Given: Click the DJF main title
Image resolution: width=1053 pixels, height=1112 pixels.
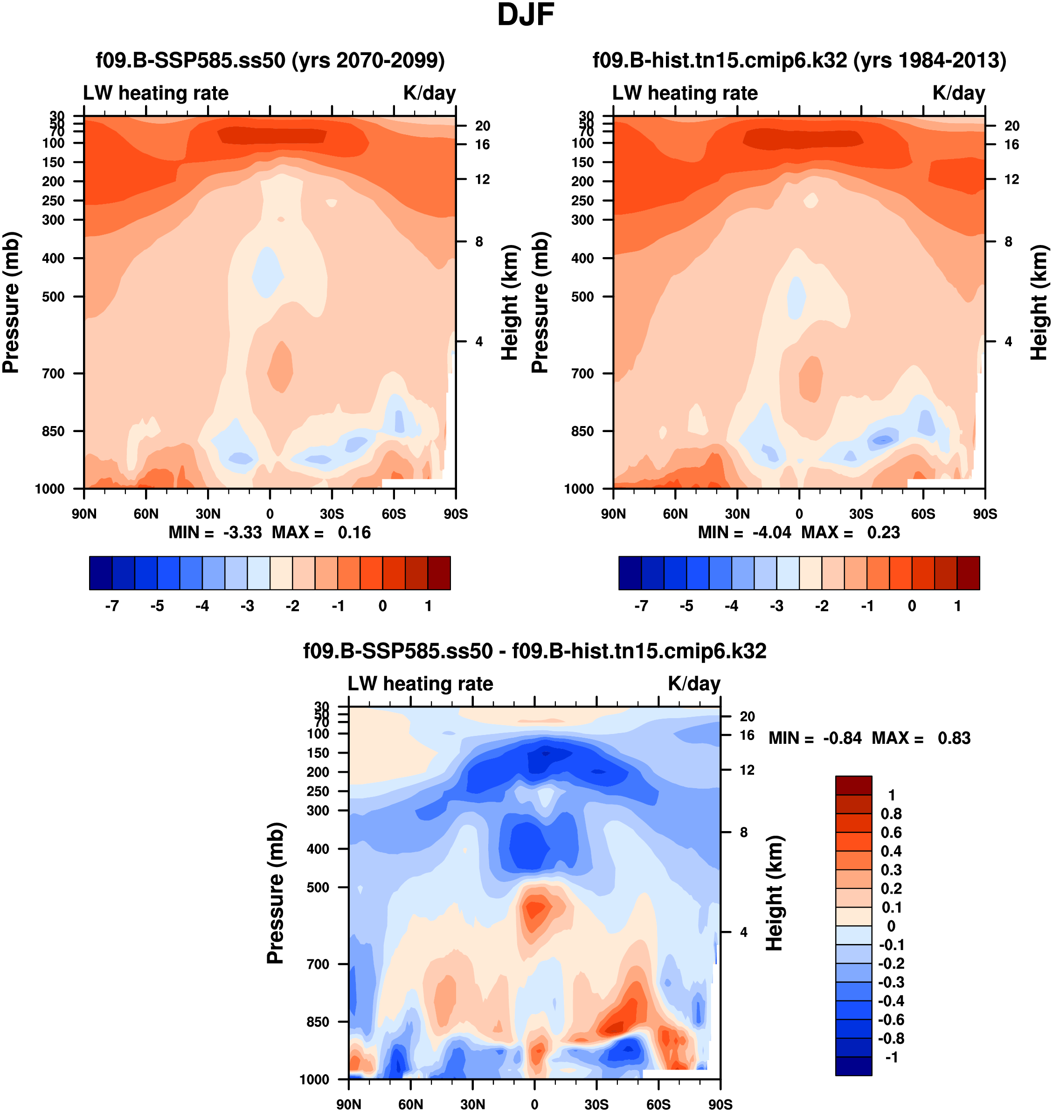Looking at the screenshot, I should click(x=526, y=15).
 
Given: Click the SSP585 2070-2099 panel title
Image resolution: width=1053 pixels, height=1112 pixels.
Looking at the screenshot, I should click(x=270, y=60).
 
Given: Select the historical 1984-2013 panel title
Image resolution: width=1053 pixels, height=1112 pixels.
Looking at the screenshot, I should click(x=799, y=60).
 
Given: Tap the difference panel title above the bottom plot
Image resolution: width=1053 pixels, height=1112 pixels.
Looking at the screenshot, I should click(x=534, y=651).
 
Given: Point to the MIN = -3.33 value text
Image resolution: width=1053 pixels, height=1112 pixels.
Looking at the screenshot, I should click(x=215, y=532).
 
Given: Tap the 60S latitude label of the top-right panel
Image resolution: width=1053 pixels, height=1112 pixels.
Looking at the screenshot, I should click(x=923, y=514).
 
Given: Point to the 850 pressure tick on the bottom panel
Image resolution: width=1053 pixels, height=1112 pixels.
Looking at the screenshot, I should click(x=318, y=1022).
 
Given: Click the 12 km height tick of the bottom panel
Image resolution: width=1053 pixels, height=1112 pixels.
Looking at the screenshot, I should click(x=747, y=770).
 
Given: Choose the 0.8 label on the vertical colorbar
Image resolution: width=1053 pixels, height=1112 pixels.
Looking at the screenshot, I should click(x=891, y=814).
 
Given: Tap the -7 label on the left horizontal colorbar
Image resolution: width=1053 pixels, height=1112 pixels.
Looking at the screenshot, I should click(x=112, y=606).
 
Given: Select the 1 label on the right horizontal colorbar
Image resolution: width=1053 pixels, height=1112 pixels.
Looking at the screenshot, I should click(x=957, y=606).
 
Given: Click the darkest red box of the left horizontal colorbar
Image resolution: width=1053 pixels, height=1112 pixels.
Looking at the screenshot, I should click(x=439, y=573).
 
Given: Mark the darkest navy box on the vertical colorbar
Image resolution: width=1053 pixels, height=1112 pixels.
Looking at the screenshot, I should click(x=853, y=1066).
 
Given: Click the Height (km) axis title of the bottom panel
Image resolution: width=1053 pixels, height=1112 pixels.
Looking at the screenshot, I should click(x=774, y=893).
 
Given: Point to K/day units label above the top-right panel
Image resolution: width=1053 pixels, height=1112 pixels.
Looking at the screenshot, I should click(x=959, y=93).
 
